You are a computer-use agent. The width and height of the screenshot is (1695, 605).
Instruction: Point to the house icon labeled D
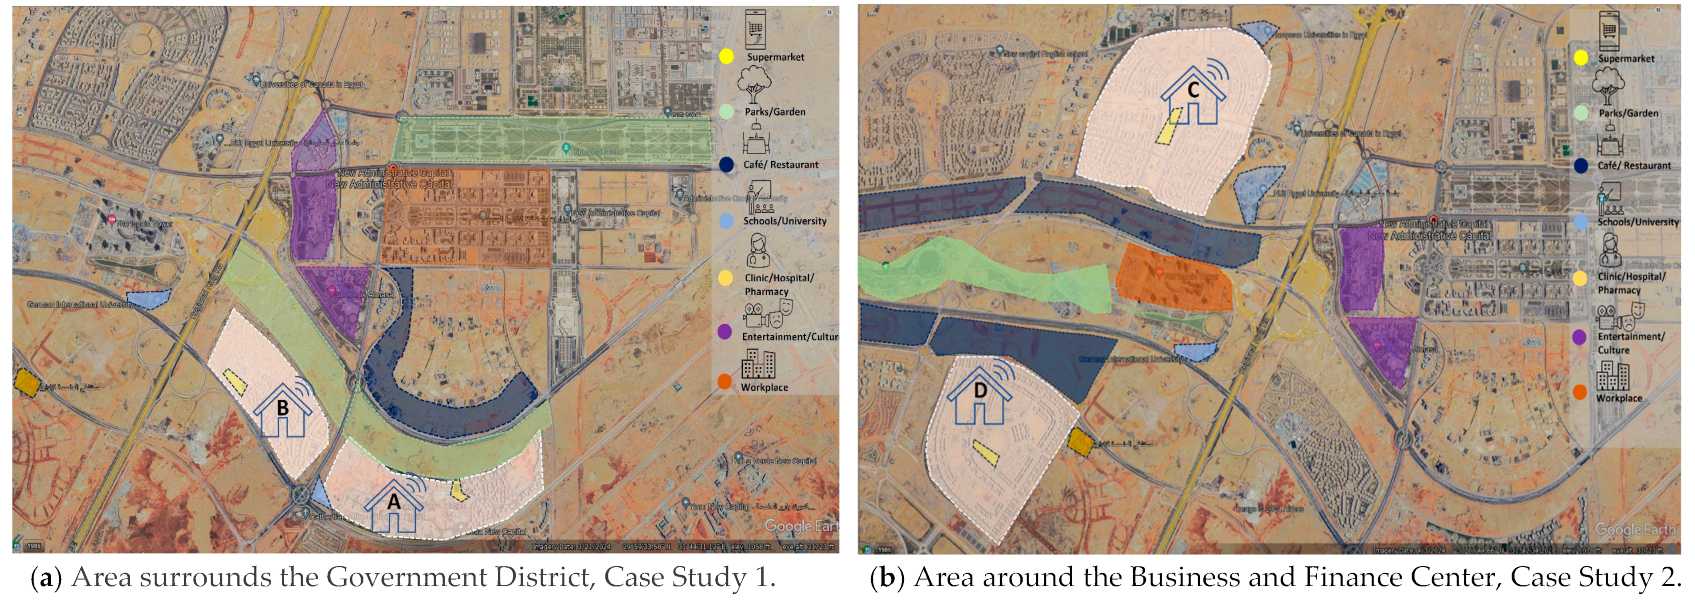[x=980, y=394]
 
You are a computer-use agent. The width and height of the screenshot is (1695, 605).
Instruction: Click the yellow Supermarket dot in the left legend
[x=726, y=57]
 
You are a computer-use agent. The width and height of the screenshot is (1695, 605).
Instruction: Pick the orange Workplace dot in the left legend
[x=724, y=382]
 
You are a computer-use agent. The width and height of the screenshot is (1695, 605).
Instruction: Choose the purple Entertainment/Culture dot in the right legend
[x=1579, y=337]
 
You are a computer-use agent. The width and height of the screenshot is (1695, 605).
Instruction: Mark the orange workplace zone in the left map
[x=466, y=218]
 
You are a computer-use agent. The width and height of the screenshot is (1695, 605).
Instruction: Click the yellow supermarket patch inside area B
[x=236, y=380]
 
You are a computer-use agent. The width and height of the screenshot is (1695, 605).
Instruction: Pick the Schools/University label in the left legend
[x=784, y=221]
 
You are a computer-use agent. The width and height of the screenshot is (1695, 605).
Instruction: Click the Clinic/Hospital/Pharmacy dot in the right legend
[x=1580, y=278]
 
